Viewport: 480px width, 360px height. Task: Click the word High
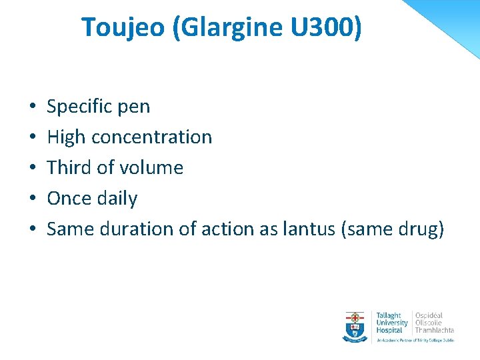pyautogui.click(x=66, y=137)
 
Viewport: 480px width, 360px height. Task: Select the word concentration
pyautogui.click(x=151, y=137)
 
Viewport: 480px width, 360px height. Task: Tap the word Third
pyautogui.click(x=69, y=167)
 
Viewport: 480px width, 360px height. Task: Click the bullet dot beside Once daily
pyautogui.click(x=33, y=199)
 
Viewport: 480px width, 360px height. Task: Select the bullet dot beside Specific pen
pyautogui.click(x=33, y=107)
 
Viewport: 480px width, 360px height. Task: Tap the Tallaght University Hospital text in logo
pyautogui.click(x=391, y=323)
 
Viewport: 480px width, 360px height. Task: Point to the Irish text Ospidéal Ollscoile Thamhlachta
pyautogui.click(x=434, y=323)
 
